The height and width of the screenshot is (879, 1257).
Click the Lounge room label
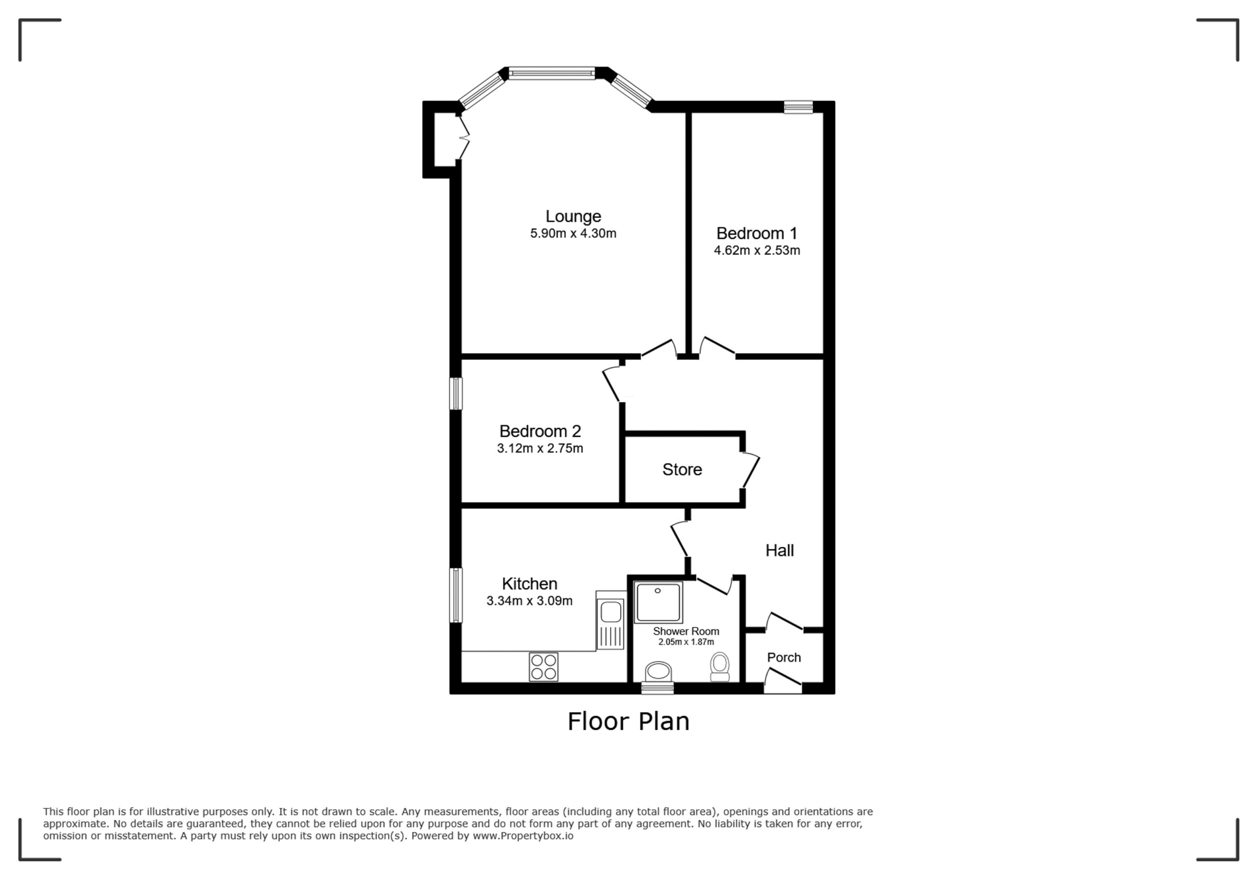point(573,217)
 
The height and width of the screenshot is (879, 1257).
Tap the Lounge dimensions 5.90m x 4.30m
point(573,234)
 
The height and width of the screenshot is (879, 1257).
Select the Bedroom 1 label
point(757,234)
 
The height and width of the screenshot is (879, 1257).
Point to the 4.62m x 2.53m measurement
point(757,251)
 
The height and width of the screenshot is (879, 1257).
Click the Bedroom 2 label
point(540,431)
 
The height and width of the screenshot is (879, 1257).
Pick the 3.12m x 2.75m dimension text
point(540,449)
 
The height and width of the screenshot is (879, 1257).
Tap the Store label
point(682,470)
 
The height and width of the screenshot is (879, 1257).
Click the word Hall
point(780,551)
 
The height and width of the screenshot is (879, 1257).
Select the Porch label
point(784,657)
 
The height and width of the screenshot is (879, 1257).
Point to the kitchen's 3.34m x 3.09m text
point(529,601)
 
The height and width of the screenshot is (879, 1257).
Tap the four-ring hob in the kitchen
point(544,666)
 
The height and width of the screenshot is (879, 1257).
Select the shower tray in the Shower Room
point(658,603)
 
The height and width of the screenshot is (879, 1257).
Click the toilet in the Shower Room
point(720,667)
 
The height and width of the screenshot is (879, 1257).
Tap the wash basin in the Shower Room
point(658,672)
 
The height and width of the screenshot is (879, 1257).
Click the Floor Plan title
point(628,721)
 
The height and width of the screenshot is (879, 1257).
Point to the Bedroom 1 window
point(798,107)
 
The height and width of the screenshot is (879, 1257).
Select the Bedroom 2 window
point(456,393)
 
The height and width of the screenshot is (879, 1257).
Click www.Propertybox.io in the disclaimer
point(523,836)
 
